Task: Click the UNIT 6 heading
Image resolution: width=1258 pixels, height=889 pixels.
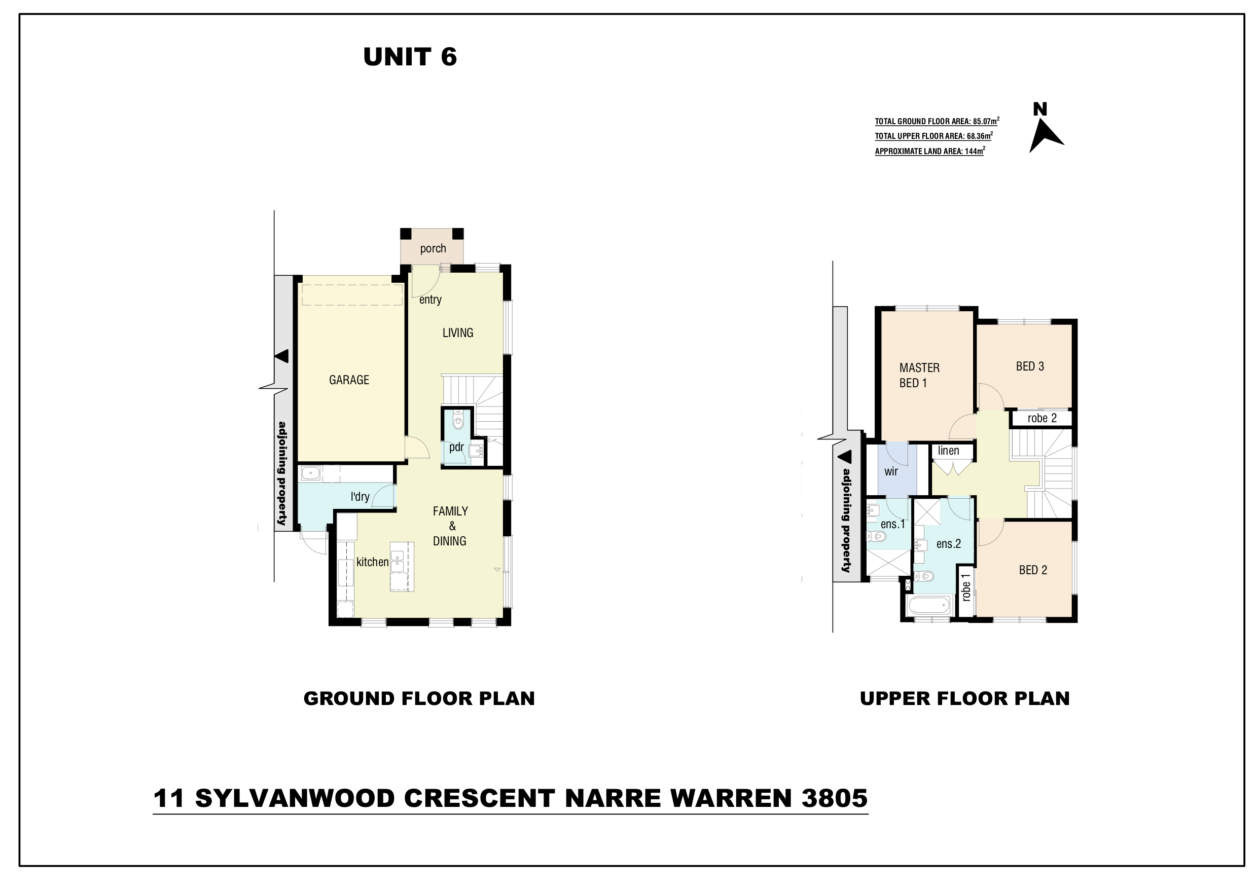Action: [410, 57]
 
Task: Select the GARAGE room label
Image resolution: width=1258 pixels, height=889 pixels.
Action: [349, 380]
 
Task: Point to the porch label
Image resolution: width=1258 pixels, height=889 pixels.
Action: [433, 249]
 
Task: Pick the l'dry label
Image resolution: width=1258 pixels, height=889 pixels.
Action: [360, 496]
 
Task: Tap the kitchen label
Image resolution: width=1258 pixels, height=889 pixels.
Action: [373, 562]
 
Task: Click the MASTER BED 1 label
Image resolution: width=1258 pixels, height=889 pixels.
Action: [919, 375]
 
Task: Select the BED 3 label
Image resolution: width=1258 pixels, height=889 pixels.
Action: [1030, 366]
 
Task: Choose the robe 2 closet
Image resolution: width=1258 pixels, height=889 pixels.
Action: [1041, 419]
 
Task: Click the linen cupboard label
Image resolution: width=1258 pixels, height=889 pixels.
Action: [948, 450]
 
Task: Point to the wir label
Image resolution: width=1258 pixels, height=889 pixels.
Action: [891, 471]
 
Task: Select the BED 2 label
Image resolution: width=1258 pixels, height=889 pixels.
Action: [1033, 570]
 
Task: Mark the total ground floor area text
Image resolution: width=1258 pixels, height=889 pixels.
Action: [937, 121]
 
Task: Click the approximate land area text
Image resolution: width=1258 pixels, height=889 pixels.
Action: [930, 151]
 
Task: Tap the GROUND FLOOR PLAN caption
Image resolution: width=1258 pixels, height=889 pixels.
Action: [419, 698]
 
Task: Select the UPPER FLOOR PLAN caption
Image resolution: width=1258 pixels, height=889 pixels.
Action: [964, 698]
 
